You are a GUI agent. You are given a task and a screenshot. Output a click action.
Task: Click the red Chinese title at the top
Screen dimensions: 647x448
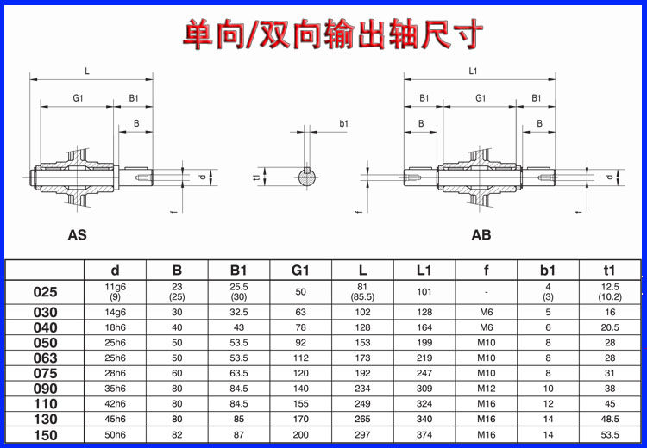point(333,34)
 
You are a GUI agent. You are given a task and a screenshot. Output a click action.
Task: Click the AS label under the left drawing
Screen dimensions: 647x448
point(77,234)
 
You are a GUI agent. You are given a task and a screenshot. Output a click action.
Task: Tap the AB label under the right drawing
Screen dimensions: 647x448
point(481,234)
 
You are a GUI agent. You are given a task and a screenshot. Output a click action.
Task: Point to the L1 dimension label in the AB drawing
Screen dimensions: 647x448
point(473,72)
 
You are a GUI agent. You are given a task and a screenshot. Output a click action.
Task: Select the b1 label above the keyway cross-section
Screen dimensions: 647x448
point(343,124)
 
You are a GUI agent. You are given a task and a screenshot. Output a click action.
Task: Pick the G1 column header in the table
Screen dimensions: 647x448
point(300,270)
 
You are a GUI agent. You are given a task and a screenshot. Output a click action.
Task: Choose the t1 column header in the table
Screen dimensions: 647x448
point(610,270)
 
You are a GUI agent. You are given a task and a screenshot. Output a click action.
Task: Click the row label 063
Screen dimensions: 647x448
point(45,358)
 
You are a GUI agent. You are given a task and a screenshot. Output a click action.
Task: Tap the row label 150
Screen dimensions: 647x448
point(45,435)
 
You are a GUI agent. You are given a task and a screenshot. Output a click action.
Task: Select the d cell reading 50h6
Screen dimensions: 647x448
point(115,435)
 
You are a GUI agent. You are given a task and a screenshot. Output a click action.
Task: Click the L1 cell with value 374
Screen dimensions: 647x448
point(424,435)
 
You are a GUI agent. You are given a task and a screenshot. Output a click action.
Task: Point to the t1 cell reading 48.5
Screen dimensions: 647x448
point(610,420)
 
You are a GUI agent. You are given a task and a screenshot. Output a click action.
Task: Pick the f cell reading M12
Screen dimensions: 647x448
point(487,389)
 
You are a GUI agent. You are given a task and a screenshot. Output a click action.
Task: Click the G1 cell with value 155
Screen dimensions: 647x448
point(300,404)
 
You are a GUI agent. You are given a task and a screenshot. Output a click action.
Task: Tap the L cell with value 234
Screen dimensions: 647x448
point(362,389)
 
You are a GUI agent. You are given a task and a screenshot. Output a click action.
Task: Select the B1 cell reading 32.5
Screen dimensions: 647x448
point(239,312)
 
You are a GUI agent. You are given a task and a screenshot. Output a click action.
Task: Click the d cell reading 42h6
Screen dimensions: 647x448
point(115,404)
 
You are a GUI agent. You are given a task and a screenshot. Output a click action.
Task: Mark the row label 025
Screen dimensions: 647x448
point(45,292)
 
